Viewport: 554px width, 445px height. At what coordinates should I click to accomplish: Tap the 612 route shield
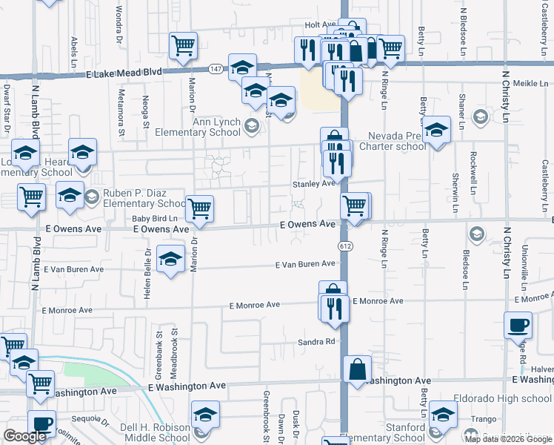pos(346,244)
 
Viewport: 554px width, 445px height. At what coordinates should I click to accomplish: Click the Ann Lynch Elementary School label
pos(197,127)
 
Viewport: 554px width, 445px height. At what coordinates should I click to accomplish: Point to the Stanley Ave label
pos(314,183)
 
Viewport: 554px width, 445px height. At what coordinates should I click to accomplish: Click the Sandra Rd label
pos(317,342)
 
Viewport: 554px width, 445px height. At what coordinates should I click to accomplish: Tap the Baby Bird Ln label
pos(155,218)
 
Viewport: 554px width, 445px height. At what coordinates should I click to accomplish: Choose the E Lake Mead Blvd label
pos(124,74)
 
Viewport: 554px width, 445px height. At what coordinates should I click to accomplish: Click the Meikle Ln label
pos(529,84)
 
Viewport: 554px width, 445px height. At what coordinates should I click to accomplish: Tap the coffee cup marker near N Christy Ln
pos(518,325)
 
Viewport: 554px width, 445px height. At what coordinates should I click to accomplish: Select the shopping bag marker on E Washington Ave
pos(357,369)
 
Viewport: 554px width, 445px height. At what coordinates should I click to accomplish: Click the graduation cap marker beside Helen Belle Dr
pos(171,261)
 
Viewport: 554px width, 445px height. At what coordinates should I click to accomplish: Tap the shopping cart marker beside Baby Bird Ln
pos(199,209)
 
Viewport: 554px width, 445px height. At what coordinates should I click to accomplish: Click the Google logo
pos(24,436)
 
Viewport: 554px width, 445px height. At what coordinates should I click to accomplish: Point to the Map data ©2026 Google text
pos(508,439)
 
